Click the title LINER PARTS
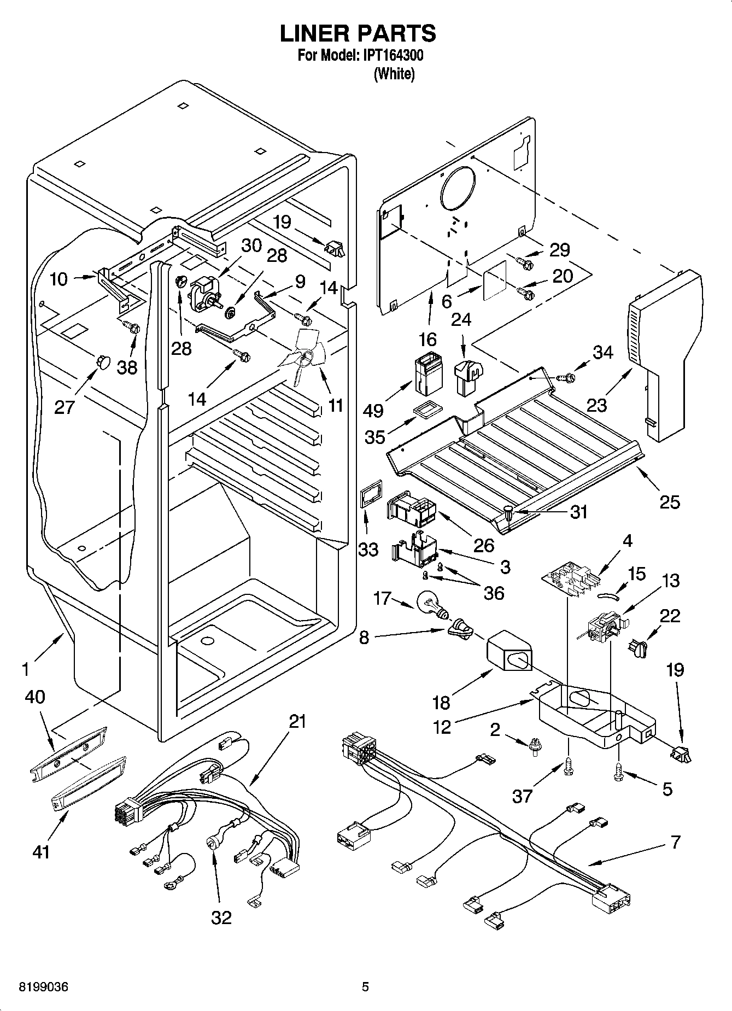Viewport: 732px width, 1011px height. pos(358,33)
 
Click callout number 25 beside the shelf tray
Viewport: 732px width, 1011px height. pos(670,501)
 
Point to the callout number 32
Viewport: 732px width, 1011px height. pos(221,917)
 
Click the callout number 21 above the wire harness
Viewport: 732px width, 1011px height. pos(297,721)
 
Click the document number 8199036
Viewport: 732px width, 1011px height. pos(37,987)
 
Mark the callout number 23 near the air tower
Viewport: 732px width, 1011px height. pos(596,405)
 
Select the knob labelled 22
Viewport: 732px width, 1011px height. pos(637,648)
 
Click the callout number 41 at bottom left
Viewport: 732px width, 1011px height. pos(40,851)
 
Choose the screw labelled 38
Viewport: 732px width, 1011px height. pos(133,329)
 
